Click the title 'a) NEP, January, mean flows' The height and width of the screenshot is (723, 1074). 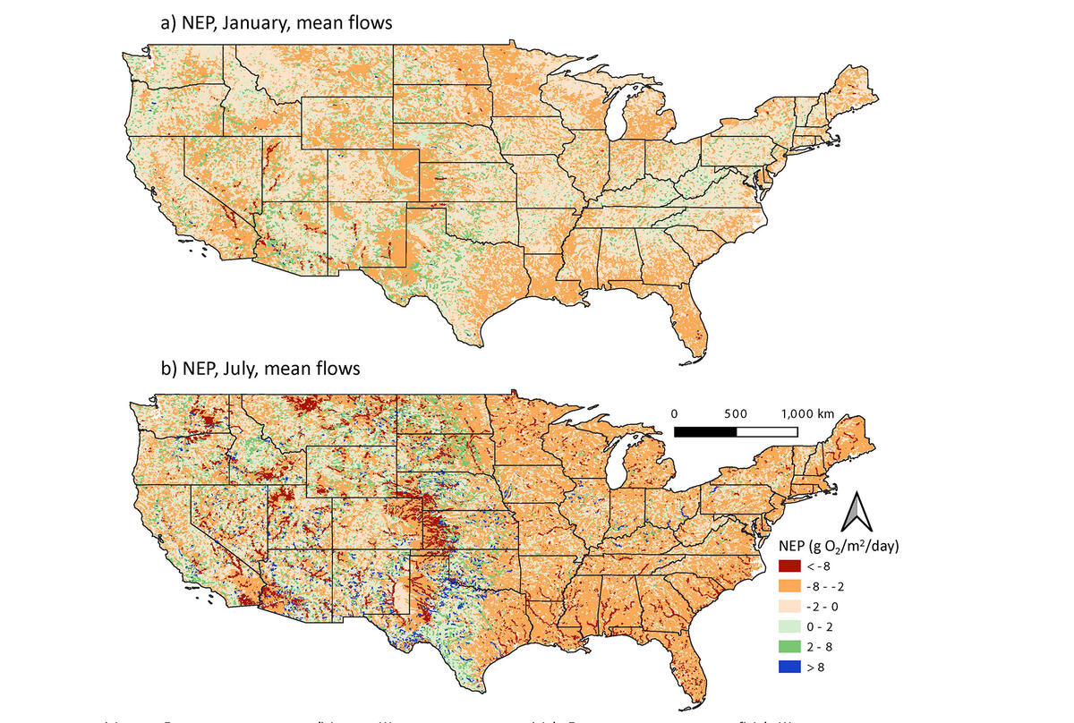tap(276, 23)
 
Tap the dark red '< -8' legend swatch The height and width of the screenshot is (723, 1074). tap(790, 566)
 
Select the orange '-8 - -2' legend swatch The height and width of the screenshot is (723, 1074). tap(790, 586)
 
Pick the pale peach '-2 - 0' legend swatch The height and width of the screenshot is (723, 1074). tap(790, 606)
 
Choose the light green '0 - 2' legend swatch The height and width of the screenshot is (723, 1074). tap(790, 625)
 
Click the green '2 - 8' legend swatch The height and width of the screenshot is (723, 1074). tap(790, 645)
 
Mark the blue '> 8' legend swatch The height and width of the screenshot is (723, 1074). tap(790, 665)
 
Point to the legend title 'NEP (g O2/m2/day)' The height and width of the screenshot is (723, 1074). tap(840, 545)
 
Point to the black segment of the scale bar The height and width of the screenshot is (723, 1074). tap(705, 431)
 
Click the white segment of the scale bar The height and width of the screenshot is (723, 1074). tap(766, 431)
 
